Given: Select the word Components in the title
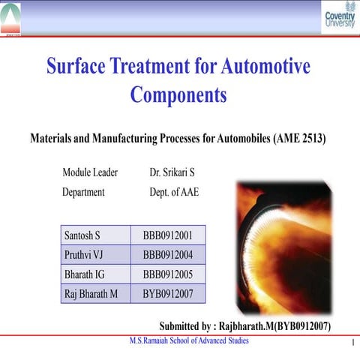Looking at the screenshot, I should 178,95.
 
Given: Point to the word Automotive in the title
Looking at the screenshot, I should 265,66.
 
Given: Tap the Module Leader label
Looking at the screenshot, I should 90,173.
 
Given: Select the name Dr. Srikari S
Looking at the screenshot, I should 172,173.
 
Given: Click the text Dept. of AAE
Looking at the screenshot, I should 174,192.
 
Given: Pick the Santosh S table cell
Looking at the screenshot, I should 94,235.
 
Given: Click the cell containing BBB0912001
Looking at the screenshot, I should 168,235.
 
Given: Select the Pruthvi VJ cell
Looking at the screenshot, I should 94,255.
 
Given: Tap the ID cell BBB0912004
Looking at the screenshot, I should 168,255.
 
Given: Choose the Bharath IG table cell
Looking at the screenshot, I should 94,274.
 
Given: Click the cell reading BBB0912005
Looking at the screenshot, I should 168,274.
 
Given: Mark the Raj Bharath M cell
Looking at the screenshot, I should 94,294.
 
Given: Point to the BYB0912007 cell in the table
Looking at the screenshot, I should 168,294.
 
